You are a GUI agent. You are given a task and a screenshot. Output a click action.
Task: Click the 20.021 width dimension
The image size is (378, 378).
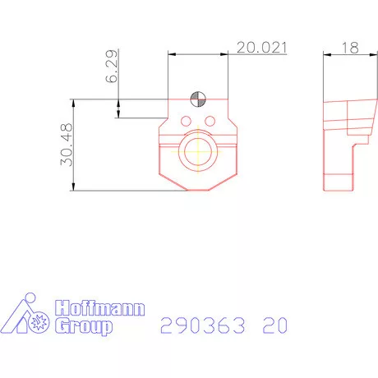[x=261, y=48]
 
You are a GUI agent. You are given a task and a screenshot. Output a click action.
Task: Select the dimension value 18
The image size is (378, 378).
[x=349, y=48]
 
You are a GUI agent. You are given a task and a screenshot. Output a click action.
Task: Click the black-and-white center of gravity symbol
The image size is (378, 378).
[x=197, y=100]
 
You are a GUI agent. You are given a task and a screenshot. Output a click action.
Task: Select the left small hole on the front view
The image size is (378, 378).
[x=187, y=122]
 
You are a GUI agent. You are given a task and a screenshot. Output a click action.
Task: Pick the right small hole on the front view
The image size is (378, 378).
[x=210, y=122]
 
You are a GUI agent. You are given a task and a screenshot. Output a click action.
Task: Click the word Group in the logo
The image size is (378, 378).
[x=82, y=327]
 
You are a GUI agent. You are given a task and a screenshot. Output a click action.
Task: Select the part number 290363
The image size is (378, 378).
[x=202, y=326]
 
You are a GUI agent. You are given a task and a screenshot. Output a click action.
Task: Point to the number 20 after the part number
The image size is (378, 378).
[x=275, y=326]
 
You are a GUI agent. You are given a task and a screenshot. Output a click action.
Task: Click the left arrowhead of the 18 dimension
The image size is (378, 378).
[x=326, y=55]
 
